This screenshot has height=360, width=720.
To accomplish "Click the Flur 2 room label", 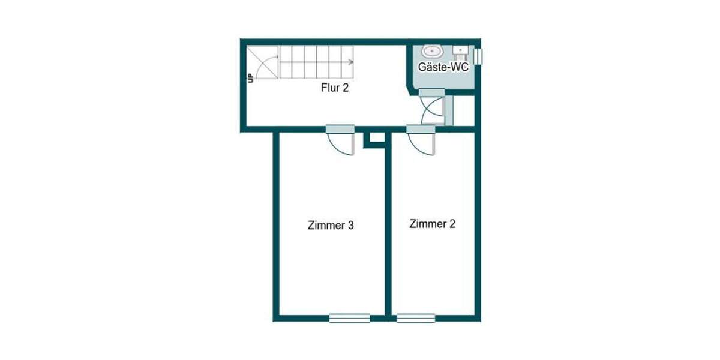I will click(335, 88).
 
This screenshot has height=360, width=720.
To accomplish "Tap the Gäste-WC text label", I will click(443, 68).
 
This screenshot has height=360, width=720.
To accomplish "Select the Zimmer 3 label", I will click(330, 226).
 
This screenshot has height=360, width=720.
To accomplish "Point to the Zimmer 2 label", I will click(432, 224).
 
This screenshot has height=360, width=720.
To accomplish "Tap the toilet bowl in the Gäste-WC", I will click(431, 50).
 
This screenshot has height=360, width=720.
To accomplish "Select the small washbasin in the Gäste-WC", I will click(461, 50).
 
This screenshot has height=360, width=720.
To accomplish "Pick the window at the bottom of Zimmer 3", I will click(349, 318).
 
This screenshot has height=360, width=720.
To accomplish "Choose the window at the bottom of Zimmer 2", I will click(416, 318).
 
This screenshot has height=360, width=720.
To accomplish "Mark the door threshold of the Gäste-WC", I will click(431, 92).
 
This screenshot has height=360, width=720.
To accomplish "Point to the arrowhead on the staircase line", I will click(352, 62).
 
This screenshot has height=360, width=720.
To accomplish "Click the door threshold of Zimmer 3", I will click(341, 129).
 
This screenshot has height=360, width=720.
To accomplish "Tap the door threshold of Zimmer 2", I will click(421, 129).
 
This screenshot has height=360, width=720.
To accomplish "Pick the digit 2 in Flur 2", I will click(346, 88).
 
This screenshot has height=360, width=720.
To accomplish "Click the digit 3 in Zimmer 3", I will click(350, 226).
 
